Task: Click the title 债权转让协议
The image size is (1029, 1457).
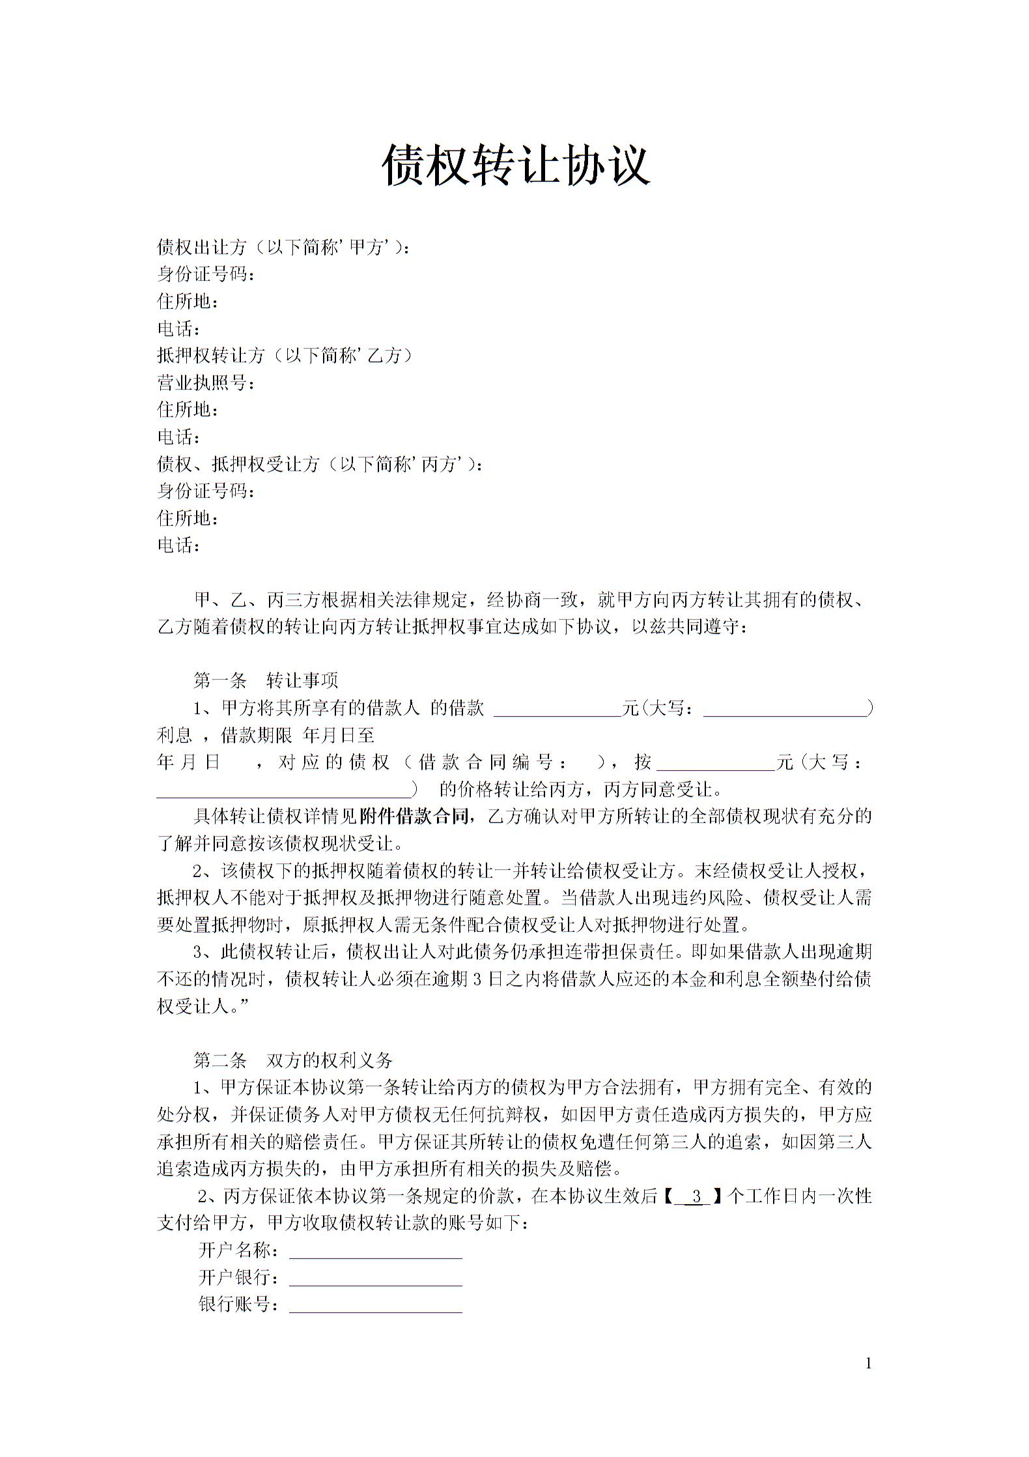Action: point(516,165)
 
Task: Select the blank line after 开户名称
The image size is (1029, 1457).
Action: point(375,1252)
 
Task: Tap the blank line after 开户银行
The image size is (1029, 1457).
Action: point(375,1278)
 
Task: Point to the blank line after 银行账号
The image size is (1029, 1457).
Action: point(375,1305)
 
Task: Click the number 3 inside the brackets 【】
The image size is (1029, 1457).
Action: point(697,1196)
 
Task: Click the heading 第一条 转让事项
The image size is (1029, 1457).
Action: point(266,681)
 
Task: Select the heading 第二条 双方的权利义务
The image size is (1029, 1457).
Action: point(293,1060)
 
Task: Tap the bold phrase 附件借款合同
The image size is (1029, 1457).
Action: point(414,816)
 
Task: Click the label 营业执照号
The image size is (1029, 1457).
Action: point(205,382)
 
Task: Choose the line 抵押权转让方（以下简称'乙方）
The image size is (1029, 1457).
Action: point(285,355)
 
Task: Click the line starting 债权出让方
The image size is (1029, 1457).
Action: point(284,247)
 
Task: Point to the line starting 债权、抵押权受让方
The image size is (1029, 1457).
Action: point(320,464)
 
